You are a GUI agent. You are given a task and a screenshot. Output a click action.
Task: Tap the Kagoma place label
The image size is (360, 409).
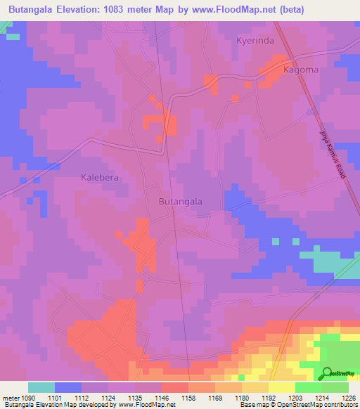[x=300, y=70]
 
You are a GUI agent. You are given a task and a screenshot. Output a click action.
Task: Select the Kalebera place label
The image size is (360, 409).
[x=100, y=178]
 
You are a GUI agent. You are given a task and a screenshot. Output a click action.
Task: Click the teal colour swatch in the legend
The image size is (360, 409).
[x=41, y=387]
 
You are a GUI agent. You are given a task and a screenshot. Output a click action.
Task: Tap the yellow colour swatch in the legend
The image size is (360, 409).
[x=281, y=387]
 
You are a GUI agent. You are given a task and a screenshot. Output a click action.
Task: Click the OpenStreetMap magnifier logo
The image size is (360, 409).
[x=326, y=373]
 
